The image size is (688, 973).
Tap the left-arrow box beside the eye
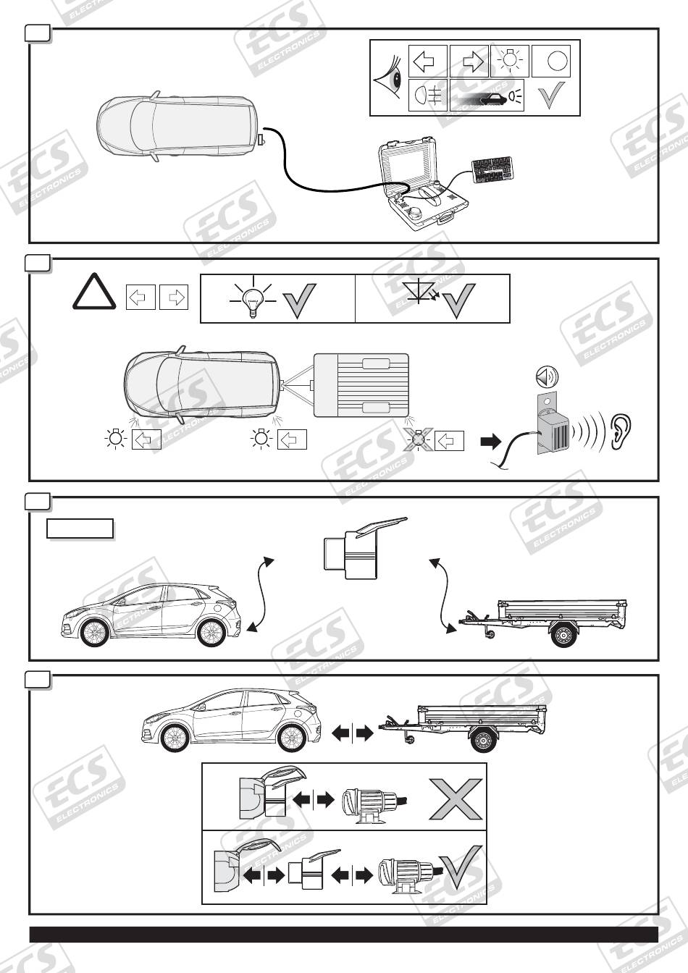pos(428,61)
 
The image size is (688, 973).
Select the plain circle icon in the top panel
pos(556,61)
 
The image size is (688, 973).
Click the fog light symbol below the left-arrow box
pos(428,95)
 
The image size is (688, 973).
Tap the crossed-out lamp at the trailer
pos(419,439)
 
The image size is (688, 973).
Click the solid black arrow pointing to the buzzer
pos(490,441)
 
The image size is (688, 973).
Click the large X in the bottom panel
pos(455,799)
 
